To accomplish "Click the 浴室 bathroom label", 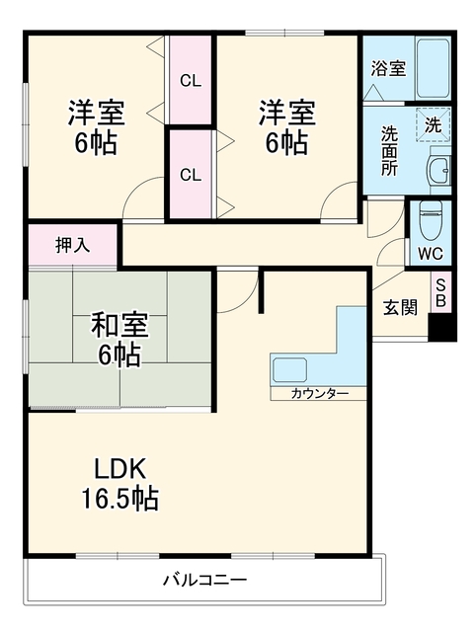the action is pos(388,68).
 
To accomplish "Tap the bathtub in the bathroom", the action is pos(433,68).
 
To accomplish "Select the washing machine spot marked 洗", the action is pos(433,125).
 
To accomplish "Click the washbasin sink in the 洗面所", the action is pos(437,170).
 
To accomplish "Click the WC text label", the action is pos(430,254).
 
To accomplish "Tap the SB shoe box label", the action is pos(440,293).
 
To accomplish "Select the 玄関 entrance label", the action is pos(399,308).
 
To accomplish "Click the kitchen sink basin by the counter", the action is pos(289,369).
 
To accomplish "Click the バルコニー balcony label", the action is pos(204,581).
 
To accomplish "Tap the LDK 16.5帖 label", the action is pos(119,484).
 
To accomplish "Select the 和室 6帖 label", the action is pos(119,340).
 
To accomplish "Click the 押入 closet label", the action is pos(73,245).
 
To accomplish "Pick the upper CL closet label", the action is pos(191,81).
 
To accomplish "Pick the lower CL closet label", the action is pos(191,175).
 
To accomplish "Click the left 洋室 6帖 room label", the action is pos(97,127).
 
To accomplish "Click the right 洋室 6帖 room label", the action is pos(286,127).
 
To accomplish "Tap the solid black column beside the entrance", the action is pos(442,326).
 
